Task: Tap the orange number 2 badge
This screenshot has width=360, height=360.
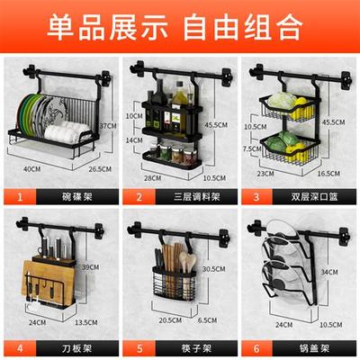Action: (136, 195)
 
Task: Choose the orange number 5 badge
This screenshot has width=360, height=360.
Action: (136, 343)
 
